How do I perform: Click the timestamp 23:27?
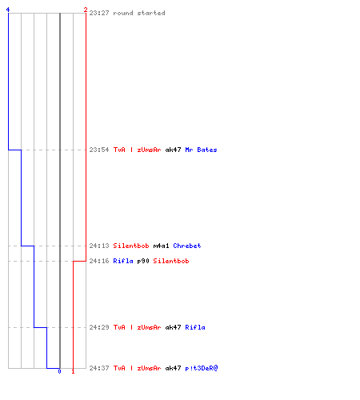coord(99,13)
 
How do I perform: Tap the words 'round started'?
coord(139,13)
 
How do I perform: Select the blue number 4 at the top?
coord(8,10)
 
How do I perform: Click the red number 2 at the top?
coord(86,10)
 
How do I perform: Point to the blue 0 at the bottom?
coord(59,371)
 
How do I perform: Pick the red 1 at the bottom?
coord(73,371)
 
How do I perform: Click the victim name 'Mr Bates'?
coord(201,150)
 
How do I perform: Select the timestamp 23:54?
coord(99,150)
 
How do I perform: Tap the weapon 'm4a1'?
coord(161,246)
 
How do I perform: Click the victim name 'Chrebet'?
coord(187,246)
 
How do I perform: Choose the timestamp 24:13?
coord(99,246)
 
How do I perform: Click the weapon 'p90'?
coord(143,261)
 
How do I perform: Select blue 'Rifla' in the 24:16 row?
coord(123,261)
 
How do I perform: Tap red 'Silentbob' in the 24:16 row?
coord(171,261)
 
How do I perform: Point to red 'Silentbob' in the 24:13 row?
coord(131,246)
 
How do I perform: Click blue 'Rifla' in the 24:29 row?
coord(195,327)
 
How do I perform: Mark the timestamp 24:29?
coord(99,327)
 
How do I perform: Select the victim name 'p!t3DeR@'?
coord(202,368)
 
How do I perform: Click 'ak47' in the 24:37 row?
coord(173,368)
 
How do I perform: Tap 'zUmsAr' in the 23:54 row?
coord(149,150)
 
